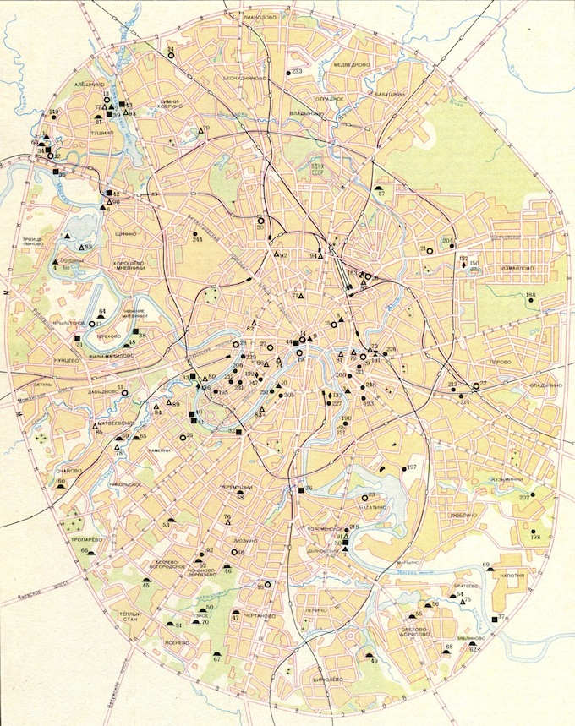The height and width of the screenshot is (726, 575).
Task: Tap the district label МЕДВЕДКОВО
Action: point(353,64)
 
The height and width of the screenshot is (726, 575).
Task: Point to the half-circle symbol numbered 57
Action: point(381,186)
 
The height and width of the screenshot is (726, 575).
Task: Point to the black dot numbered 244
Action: point(196,232)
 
